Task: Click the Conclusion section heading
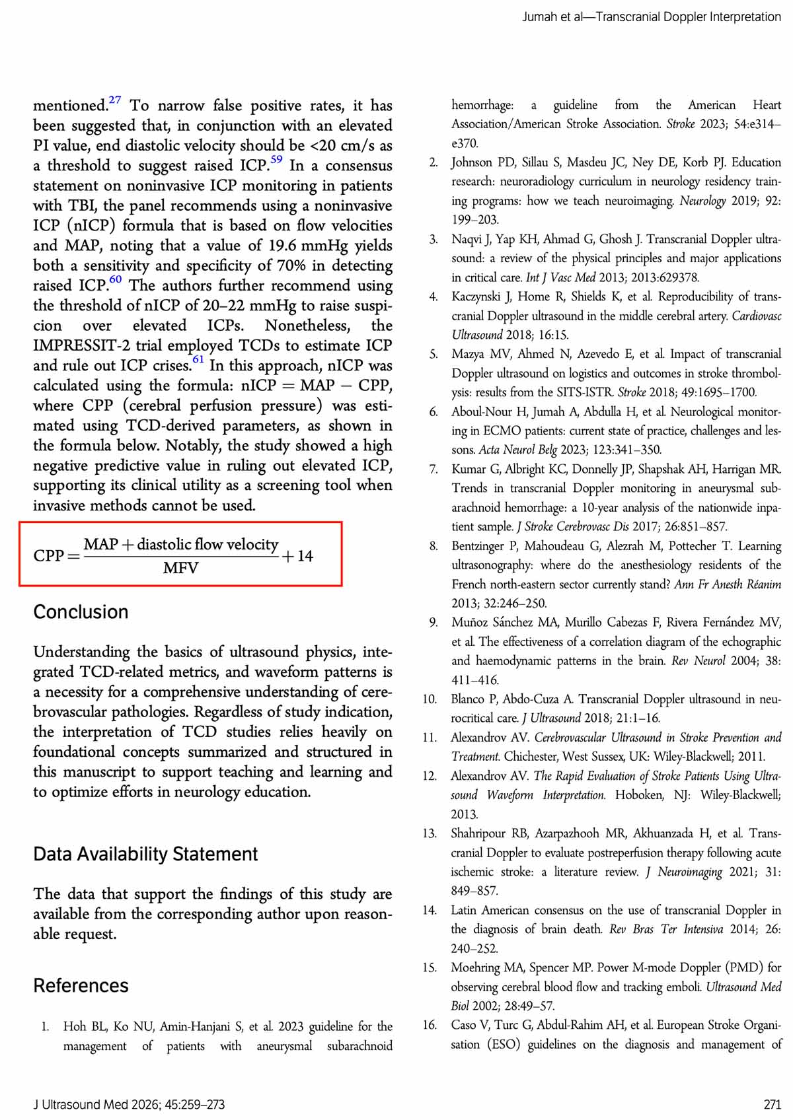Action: click(81, 612)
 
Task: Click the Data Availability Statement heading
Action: click(145, 854)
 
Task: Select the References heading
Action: click(81, 985)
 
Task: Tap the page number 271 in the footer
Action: click(772, 1104)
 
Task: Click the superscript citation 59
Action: click(276, 159)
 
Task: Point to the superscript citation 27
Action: click(115, 100)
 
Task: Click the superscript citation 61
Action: click(198, 359)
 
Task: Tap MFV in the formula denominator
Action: click(180, 568)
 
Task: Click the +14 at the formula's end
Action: click(297, 556)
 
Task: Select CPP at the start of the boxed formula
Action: click(48, 556)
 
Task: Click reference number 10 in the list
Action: click(430, 699)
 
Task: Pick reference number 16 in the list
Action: click(430, 1025)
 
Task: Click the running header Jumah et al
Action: click(552, 17)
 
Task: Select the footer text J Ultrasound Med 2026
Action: click(99, 1104)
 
